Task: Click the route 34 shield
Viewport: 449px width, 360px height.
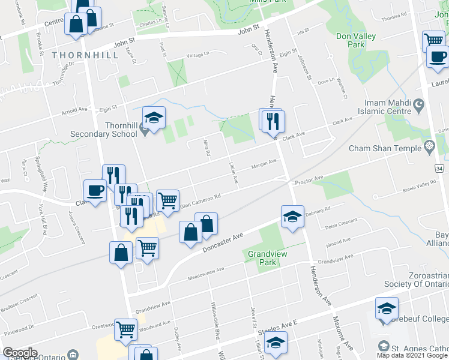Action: [x=439, y=168]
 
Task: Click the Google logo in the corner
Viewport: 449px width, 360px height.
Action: [x=19, y=353]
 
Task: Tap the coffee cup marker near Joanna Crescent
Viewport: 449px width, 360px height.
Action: [x=95, y=191]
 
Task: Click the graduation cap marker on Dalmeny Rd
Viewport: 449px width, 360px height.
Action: [x=292, y=217]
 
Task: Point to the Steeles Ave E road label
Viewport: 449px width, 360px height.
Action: [x=277, y=329]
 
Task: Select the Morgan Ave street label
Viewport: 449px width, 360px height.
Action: [x=264, y=163]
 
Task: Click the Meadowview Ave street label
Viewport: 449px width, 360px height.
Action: [x=209, y=274]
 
